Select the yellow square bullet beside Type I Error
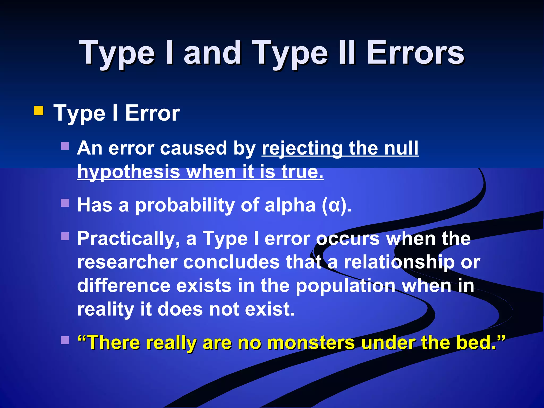coord(39,111)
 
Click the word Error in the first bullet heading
coord(152,113)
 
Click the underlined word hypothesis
coord(129,172)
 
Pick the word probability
coord(185,205)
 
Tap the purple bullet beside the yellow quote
coord(65,340)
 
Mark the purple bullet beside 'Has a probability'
coord(65,203)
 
